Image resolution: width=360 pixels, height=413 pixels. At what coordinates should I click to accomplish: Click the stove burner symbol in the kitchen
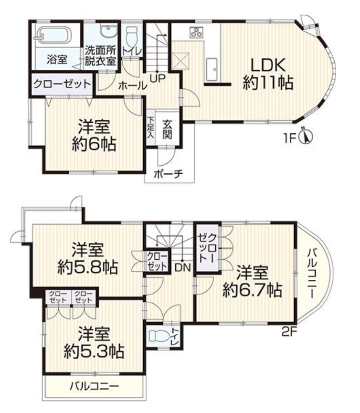click(196, 32)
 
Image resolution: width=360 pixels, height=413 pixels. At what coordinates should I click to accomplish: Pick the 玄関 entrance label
click(167, 128)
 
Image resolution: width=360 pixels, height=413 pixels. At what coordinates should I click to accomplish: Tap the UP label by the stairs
click(156, 76)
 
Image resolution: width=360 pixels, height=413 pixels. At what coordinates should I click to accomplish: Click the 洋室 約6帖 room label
click(95, 135)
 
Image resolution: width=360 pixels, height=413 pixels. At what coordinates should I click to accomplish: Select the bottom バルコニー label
click(94, 386)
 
